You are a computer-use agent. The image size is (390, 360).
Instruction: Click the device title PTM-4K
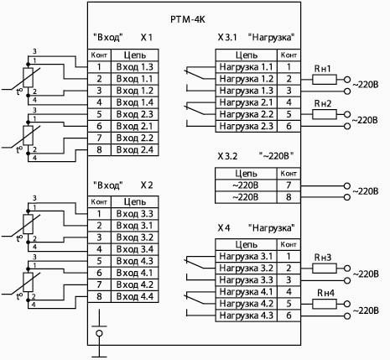(x=188, y=19)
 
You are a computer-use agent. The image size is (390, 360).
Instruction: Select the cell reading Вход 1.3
(x=135, y=67)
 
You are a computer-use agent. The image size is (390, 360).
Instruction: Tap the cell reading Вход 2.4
(x=135, y=150)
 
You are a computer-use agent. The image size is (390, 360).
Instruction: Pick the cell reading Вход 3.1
(x=135, y=226)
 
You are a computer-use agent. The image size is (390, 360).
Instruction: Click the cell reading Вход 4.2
(x=135, y=284)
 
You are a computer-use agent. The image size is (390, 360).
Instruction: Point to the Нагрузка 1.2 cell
(x=247, y=79)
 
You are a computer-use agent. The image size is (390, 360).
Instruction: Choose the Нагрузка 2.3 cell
(x=247, y=126)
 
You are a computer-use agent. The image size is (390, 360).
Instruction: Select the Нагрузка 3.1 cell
(x=247, y=256)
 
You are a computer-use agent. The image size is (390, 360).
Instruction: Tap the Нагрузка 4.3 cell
(x=247, y=316)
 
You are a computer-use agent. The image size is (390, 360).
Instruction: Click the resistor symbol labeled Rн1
(x=325, y=80)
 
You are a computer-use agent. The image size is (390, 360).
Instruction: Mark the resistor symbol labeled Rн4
(x=325, y=304)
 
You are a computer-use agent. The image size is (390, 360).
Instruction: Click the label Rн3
(x=323, y=257)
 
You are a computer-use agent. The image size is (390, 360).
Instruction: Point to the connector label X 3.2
(x=227, y=156)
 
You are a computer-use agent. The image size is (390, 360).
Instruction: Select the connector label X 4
(x=224, y=228)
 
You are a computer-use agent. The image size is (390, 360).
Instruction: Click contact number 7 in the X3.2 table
(x=289, y=185)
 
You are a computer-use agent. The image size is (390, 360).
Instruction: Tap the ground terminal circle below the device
(x=99, y=333)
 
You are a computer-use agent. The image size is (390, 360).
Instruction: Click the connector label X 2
(x=147, y=185)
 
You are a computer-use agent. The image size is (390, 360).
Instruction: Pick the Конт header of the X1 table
(x=99, y=55)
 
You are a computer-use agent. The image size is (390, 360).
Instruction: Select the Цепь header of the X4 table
(x=247, y=245)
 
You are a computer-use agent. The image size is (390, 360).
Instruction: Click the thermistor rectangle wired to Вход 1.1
(x=28, y=77)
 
